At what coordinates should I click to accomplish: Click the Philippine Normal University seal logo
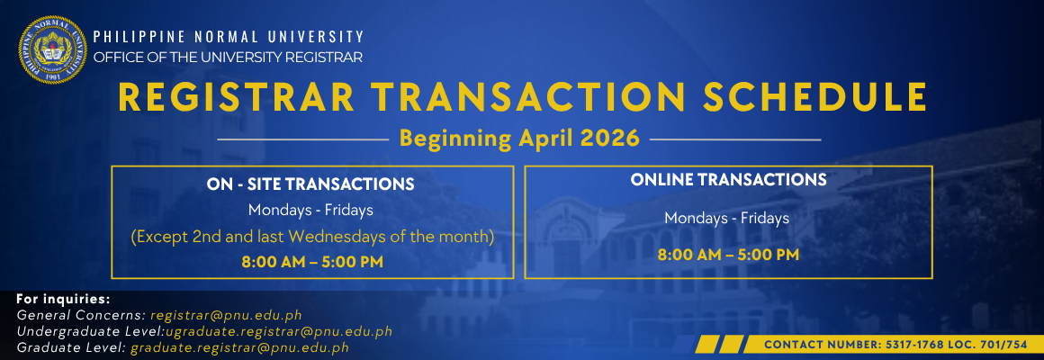pyautogui.click(x=52, y=49)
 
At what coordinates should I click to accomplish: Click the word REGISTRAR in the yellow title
pyautogui.click(x=237, y=98)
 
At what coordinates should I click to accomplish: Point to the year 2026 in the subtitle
pyautogui.click(x=610, y=139)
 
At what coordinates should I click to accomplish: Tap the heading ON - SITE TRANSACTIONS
pyautogui.click(x=310, y=184)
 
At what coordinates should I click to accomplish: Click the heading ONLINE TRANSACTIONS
pyautogui.click(x=728, y=180)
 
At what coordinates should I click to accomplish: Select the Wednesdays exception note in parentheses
pyautogui.click(x=312, y=237)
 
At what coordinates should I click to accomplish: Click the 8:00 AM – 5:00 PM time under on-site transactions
pyautogui.click(x=312, y=262)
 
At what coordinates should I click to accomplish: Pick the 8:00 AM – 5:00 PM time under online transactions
pyautogui.click(x=728, y=254)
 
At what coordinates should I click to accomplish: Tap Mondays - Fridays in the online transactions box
pyautogui.click(x=727, y=219)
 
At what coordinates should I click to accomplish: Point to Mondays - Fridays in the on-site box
pyautogui.click(x=310, y=211)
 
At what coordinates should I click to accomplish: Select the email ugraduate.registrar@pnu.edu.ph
pyautogui.click(x=279, y=331)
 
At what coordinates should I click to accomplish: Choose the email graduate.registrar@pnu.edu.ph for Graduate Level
pyautogui.click(x=239, y=347)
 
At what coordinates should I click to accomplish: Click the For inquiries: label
pyautogui.click(x=63, y=298)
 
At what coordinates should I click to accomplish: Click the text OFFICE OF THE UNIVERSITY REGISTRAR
pyautogui.click(x=228, y=58)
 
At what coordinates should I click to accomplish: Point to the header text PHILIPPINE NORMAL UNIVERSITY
pyautogui.click(x=229, y=37)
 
